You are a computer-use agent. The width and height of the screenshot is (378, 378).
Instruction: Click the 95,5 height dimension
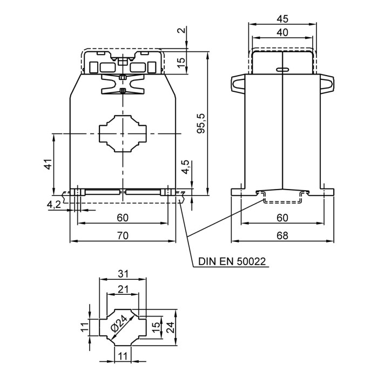point(201,124)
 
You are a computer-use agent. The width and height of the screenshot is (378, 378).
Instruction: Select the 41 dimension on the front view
point(47,164)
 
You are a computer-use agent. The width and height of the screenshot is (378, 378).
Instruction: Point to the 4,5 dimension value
point(186,167)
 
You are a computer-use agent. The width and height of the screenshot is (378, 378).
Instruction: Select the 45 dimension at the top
point(282,18)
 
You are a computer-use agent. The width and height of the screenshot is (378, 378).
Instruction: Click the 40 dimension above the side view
point(282,32)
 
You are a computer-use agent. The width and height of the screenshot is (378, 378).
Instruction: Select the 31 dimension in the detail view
point(123,274)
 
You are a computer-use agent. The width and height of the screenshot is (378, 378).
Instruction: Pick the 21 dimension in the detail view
point(123,289)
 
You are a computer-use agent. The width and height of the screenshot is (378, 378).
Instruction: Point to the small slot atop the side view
point(282,70)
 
